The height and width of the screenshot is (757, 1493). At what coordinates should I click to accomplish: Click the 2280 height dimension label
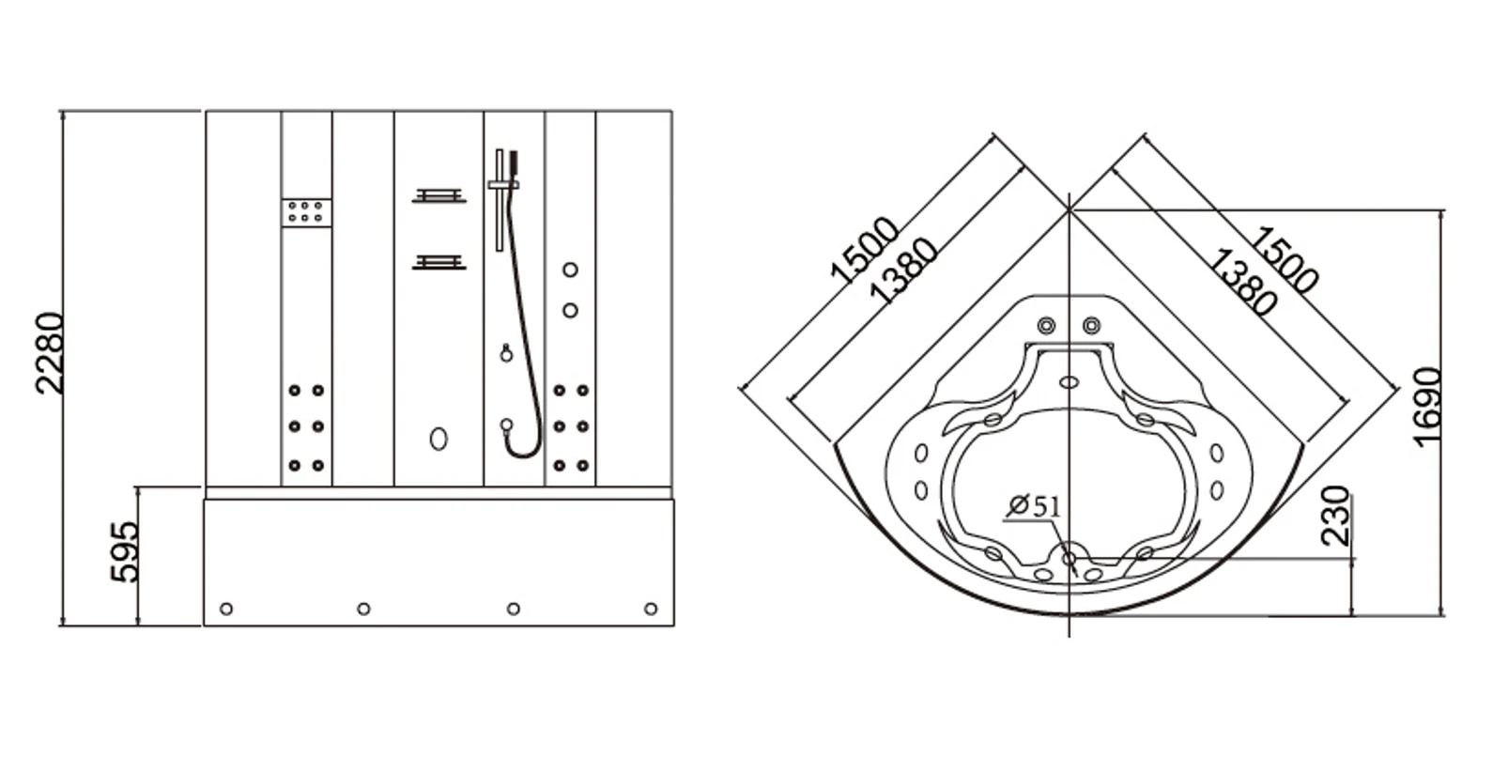[x=50, y=353]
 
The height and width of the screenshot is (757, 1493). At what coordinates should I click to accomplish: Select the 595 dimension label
[x=125, y=551]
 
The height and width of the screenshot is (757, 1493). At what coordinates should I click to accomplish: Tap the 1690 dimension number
[x=1426, y=407]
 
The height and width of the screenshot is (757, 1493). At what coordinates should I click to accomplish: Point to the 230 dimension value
[x=1335, y=517]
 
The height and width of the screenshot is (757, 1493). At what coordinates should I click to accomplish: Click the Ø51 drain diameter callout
[x=1034, y=505]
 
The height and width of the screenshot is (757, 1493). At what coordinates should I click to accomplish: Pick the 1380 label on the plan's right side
[x=1242, y=282]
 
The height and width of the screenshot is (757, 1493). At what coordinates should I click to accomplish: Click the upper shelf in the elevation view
[x=439, y=195]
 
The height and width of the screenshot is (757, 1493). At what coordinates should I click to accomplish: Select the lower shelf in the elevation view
[x=439, y=262]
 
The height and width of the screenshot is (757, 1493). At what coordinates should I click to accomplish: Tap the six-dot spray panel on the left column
[x=306, y=213]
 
